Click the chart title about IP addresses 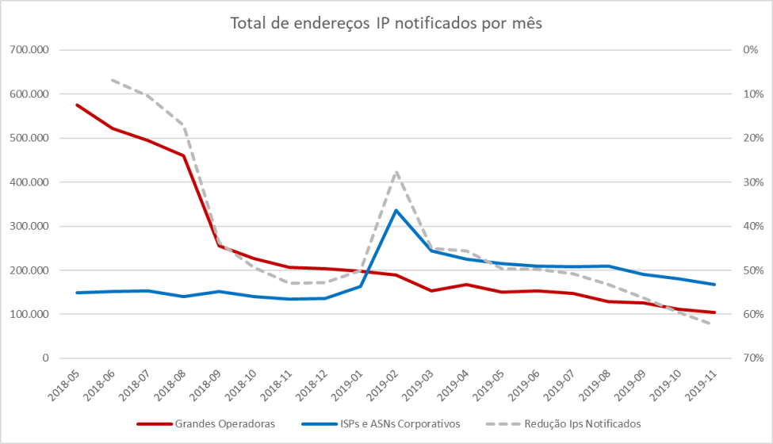[386, 23]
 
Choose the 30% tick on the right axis [753, 182]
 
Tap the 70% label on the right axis [753, 358]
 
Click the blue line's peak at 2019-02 [396, 210]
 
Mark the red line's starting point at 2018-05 [77, 105]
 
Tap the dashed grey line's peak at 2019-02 [396, 171]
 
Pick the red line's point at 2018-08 [183, 155]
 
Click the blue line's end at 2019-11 [714, 284]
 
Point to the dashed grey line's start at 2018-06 [113, 80]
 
